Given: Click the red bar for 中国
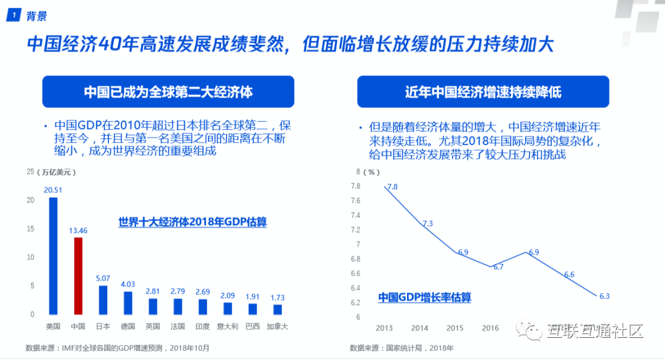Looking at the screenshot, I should [78, 276].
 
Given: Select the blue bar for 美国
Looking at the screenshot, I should [53, 255].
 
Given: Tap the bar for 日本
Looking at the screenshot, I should [103, 300].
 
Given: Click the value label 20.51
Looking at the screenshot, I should [53, 190].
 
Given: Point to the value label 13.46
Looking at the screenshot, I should [78, 230].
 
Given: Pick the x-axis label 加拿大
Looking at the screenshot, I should [278, 326].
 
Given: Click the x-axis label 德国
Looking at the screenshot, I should [128, 326].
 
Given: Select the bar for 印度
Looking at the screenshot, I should [203, 306].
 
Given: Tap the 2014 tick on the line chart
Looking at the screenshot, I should [420, 328].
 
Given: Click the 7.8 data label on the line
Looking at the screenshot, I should [392, 187].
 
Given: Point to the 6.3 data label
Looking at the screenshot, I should [604, 296].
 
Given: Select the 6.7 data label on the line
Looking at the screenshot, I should [498, 267].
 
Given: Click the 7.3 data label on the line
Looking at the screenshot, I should [428, 223].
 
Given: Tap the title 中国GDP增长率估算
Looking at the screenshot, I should [424, 298].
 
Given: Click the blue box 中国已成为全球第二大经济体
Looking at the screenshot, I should [169, 92].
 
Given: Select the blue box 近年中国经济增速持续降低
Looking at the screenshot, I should [483, 92].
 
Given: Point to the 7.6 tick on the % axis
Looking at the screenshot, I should [355, 201].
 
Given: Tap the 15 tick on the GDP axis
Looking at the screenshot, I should [31, 229].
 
